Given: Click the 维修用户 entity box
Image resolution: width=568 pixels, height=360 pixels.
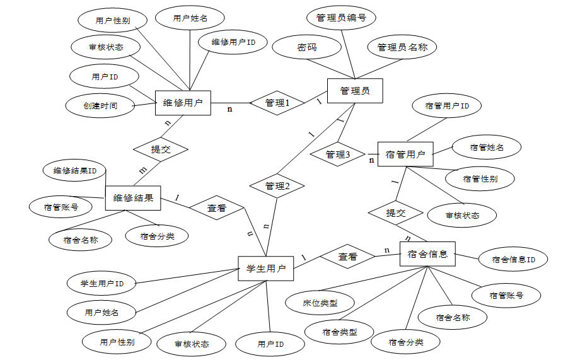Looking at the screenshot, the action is point(183,103).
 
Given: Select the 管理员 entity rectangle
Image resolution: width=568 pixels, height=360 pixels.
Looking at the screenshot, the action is point(355,91).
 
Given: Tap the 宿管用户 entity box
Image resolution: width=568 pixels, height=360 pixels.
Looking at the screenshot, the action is point(405,154).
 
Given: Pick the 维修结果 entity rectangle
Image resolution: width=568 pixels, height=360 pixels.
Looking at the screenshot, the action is point(133,198).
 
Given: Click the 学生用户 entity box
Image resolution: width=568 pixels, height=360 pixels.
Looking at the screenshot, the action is point(265,269).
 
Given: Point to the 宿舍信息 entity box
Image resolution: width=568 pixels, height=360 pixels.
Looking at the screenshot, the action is point(427,254).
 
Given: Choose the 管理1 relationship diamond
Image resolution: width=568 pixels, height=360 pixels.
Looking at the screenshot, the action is point(277,103).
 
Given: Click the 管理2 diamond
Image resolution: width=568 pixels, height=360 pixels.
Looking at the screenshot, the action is point(277,186).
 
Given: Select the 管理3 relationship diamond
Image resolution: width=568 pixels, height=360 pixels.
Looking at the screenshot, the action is point(338,154).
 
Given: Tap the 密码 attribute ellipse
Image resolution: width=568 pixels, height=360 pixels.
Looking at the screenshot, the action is point(307,47).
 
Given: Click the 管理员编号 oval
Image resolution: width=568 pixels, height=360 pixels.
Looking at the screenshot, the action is point(341,18).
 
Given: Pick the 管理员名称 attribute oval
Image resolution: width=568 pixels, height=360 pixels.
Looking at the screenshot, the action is point(402,47).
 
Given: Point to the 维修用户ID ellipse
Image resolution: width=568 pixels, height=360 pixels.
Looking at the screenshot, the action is point(233,43).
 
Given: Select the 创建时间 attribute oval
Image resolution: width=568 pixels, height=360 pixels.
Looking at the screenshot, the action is point(100,105).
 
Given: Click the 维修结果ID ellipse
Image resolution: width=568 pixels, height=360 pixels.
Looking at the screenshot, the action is point(75,170).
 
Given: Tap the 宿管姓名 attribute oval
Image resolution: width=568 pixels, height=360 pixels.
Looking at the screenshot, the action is point(487,148).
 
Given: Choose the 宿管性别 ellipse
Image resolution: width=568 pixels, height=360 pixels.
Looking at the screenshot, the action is point(480,178).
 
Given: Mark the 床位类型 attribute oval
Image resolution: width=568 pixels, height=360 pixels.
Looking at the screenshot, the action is point(320,303).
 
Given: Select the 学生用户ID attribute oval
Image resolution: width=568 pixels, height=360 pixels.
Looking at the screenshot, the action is point(103,284).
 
